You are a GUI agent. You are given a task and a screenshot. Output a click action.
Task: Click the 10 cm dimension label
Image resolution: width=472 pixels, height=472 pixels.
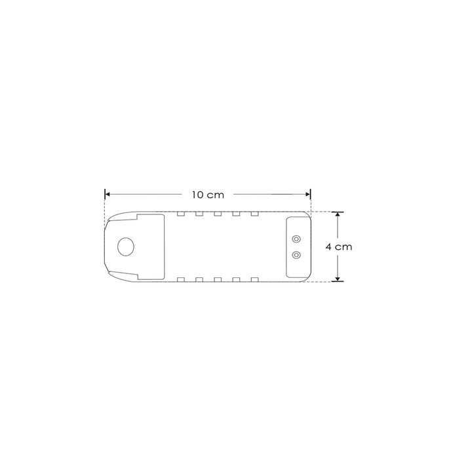point(207,195)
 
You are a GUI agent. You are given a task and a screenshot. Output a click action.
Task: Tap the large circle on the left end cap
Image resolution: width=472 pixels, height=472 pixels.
point(125,247)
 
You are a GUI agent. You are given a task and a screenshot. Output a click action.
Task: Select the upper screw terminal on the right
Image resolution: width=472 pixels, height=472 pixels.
point(296,239)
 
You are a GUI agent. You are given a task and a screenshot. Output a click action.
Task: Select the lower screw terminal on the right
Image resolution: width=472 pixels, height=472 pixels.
point(296,254)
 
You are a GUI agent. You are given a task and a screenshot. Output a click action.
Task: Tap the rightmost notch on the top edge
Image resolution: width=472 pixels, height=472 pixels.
point(254,214)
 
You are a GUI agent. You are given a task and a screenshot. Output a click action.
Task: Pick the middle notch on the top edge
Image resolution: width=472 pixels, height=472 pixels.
point(217,214)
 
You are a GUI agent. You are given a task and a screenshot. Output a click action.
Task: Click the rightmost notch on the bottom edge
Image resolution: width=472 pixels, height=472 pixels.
point(254,280)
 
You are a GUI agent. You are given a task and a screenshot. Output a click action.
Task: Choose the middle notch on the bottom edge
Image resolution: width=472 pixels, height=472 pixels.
point(217,280)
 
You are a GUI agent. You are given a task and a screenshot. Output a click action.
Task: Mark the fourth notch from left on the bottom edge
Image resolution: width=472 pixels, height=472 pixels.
point(235,280)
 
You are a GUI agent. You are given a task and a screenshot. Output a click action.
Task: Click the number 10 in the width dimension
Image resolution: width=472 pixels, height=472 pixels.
point(198,195)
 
